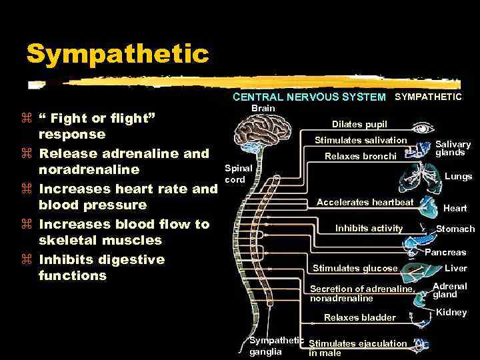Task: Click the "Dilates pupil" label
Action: (359, 124)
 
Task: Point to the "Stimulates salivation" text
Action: (360, 140)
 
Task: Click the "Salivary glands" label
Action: (453, 148)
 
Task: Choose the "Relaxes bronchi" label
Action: (360, 157)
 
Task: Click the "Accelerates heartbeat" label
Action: (365, 202)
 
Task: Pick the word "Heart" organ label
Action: (455, 209)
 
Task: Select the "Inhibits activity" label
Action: (369, 228)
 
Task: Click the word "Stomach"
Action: (455, 229)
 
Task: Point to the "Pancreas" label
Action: (445, 253)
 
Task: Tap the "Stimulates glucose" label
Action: (355, 269)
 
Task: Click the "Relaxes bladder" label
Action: (359, 317)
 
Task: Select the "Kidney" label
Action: (451, 312)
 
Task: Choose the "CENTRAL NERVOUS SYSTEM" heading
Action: (309, 97)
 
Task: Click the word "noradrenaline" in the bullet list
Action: (89, 169)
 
